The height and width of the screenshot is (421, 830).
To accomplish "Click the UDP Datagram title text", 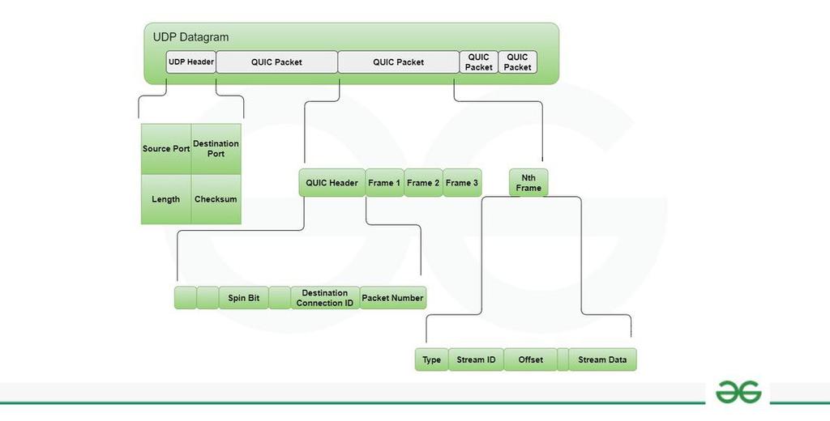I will (190, 36).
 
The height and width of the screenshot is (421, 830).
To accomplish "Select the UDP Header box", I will (190, 62).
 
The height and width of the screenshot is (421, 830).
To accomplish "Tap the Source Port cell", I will (166, 149).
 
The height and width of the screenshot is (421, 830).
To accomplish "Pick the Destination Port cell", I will (216, 149).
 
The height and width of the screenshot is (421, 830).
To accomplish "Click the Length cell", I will (166, 199).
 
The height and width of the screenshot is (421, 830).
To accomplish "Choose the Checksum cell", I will (216, 199).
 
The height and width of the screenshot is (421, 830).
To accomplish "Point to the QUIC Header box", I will (332, 183).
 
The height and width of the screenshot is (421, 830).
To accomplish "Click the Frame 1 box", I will (384, 183).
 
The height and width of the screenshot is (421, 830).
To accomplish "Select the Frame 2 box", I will (423, 183).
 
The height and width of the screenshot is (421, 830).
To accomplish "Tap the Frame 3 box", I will (462, 183).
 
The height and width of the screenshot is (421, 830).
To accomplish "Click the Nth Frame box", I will (528, 183).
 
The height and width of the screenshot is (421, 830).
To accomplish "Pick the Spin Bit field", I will (243, 298).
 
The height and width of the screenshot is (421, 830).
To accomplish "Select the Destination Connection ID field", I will (324, 298).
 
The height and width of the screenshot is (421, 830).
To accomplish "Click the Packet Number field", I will (392, 298).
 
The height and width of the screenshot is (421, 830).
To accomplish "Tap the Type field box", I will (431, 359).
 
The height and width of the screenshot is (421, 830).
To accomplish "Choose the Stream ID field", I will (476, 359).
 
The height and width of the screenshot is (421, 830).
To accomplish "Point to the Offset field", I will (531, 359).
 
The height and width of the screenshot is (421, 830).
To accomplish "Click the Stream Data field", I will (603, 359).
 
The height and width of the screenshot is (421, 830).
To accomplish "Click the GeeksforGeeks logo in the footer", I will (738, 393).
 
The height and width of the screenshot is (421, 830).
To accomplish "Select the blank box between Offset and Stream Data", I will (563, 359).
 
